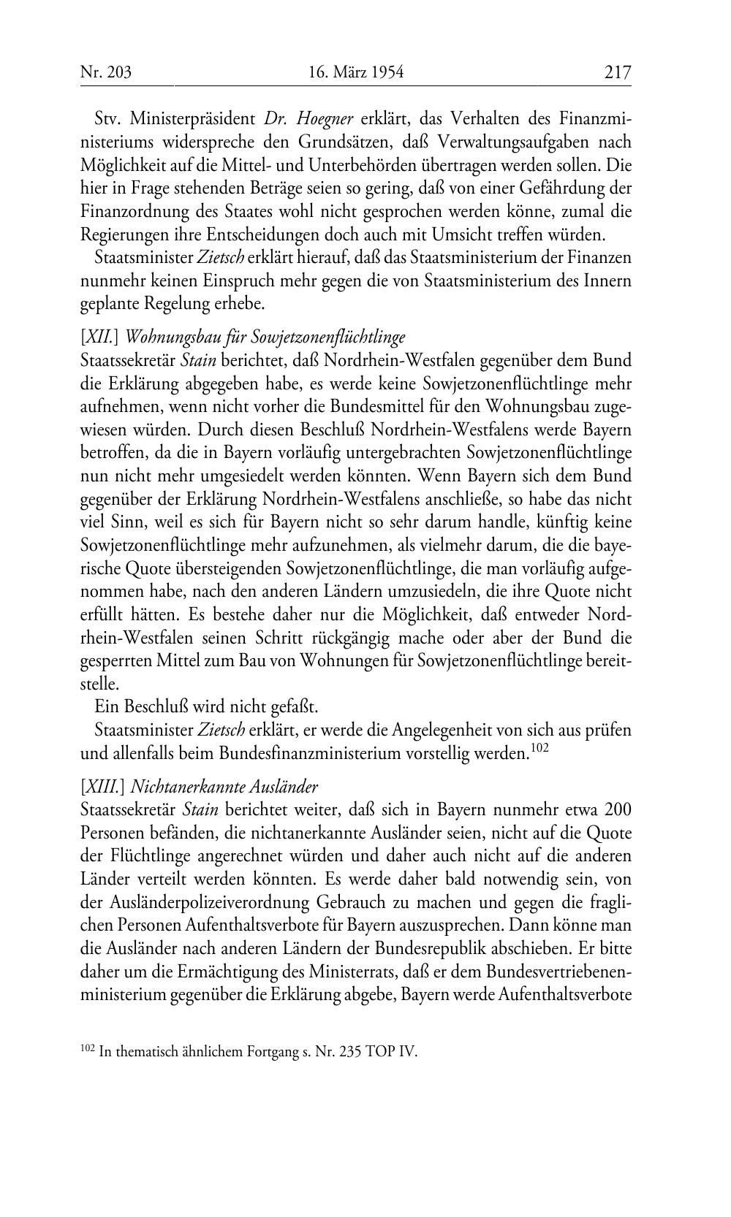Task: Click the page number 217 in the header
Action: click(x=617, y=72)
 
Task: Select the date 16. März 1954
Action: click(x=356, y=72)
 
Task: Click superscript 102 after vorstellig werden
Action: click(x=538, y=749)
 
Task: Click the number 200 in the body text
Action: click(x=618, y=810)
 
